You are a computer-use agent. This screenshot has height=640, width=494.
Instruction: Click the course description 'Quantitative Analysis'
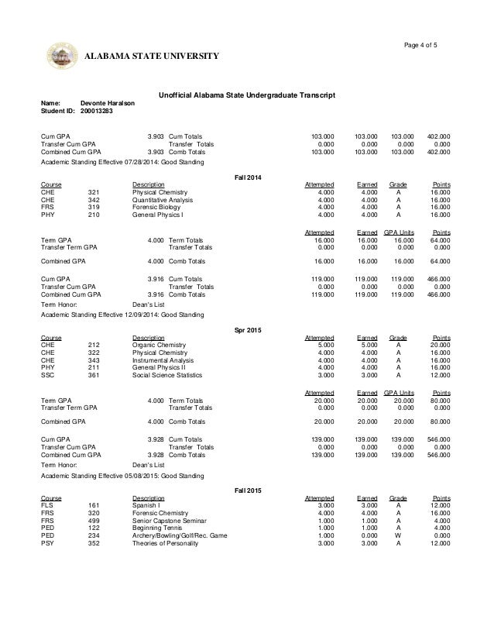tap(163, 200)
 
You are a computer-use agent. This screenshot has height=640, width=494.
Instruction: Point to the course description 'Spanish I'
tap(146, 504)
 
